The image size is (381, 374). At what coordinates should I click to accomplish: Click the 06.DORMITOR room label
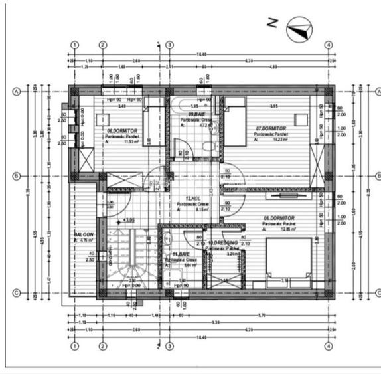click(122, 131)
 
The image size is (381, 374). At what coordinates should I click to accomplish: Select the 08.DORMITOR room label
click(278, 217)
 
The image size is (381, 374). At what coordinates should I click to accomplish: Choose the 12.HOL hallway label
click(193, 198)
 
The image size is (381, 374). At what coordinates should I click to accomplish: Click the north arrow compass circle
click(297, 29)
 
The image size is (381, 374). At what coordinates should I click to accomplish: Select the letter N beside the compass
click(271, 23)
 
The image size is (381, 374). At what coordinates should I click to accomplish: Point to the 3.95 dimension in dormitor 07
click(273, 106)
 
